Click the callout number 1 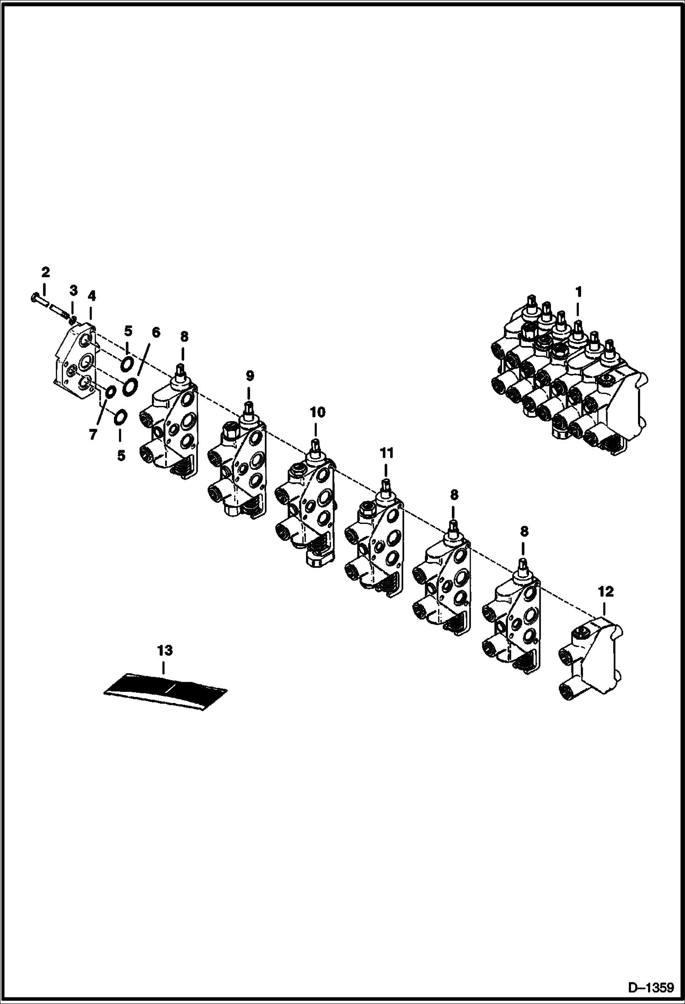[578, 291]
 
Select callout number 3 [73, 290]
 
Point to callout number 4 [91, 297]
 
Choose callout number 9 [249, 376]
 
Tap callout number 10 [317, 412]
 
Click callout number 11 [386, 453]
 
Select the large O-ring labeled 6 [130, 385]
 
